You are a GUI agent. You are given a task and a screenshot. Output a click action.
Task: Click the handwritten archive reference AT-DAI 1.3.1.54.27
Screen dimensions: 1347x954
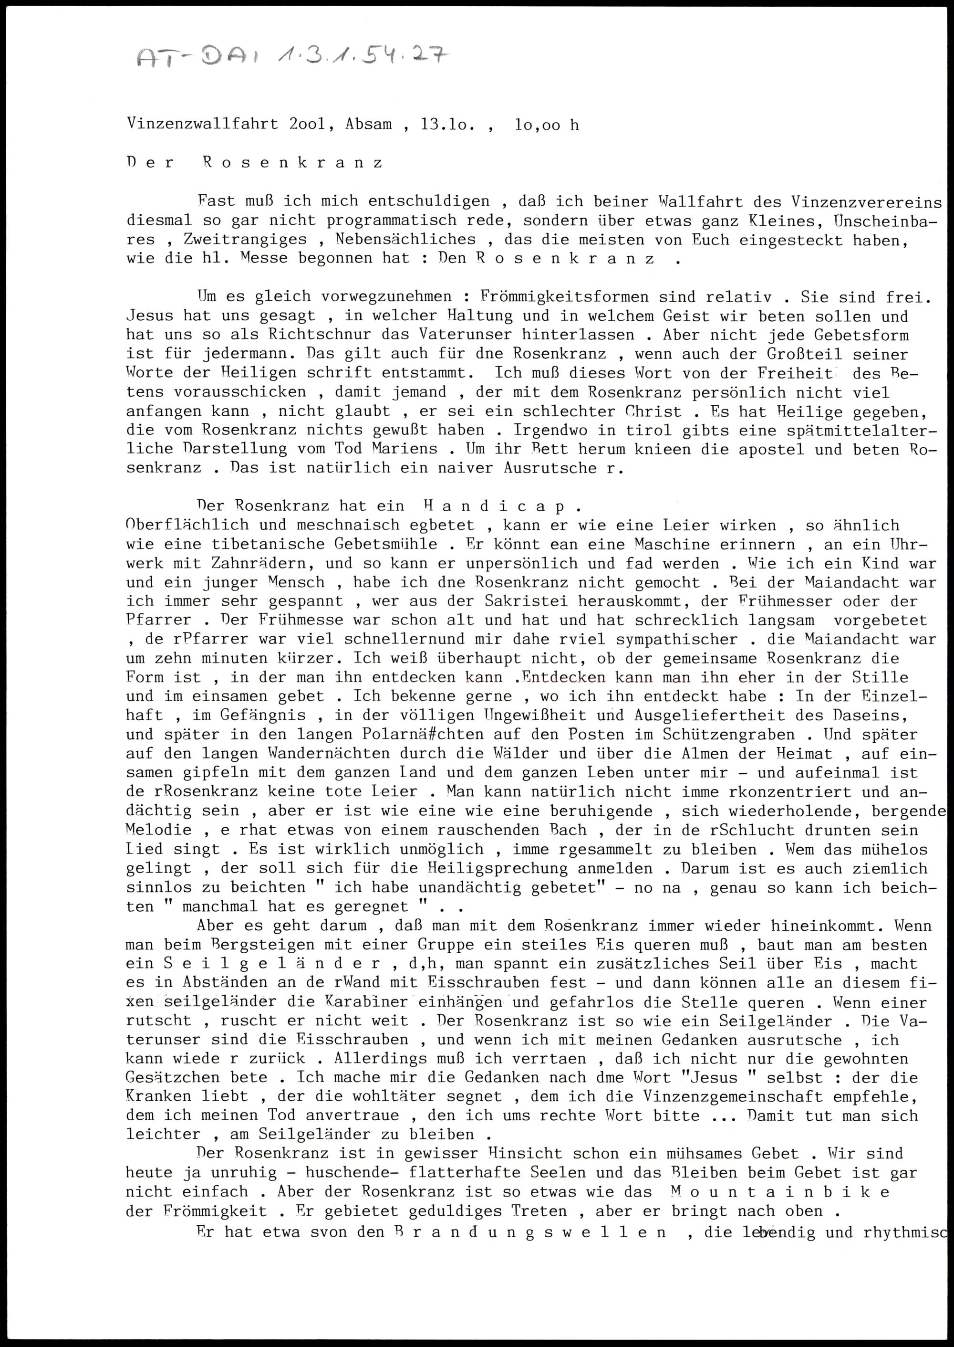(292, 59)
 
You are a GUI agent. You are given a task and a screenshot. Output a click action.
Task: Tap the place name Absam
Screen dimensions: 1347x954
(368, 125)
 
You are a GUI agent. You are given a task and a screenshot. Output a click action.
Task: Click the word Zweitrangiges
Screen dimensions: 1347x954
(245, 239)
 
